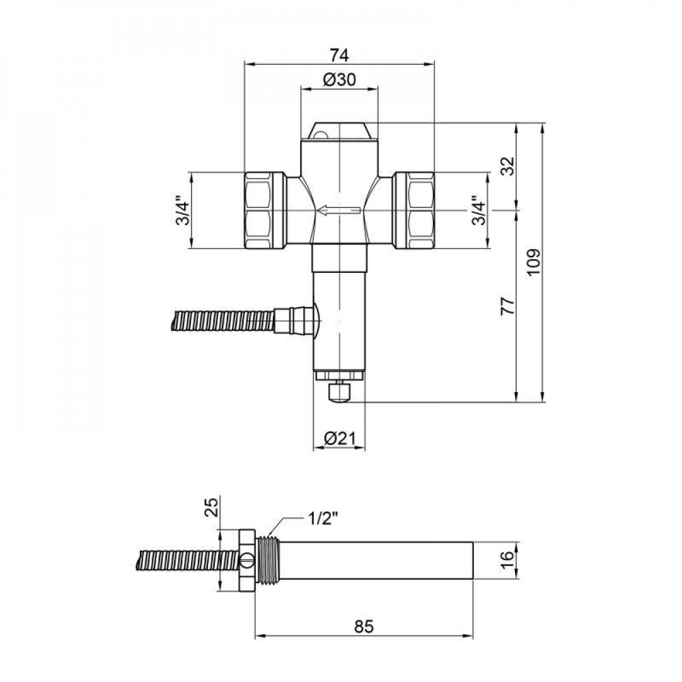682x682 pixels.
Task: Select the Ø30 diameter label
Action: (x=339, y=80)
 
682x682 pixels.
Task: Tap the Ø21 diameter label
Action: (x=339, y=439)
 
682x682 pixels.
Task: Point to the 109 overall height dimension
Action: (x=534, y=262)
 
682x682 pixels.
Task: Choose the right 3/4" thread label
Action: (x=479, y=211)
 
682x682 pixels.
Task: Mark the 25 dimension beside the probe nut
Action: (x=210, y=507)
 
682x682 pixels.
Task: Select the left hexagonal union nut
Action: (x=265, y=211)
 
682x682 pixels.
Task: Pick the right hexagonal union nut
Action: (x=414, y=211)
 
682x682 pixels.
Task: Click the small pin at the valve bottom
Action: (x=339, y=393)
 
